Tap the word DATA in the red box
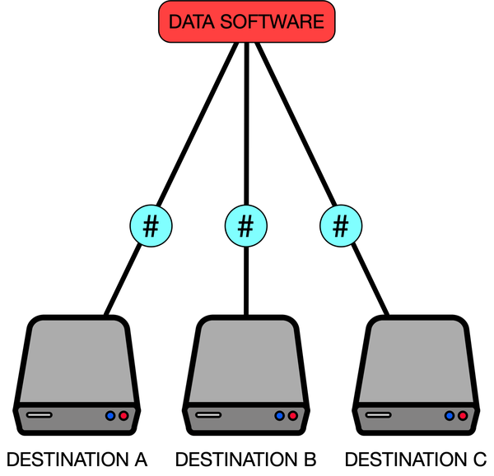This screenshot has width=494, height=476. [190, 21]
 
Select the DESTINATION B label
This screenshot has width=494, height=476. [245, 458]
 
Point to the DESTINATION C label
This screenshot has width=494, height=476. [416, 458]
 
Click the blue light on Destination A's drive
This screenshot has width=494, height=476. [110, 416]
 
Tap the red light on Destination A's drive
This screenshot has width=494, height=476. [123, 416]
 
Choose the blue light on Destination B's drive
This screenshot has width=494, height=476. [279, 416]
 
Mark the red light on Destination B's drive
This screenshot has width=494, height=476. [293, 416]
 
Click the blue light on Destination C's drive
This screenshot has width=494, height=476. [449, 416]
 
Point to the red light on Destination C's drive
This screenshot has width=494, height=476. [463, 416]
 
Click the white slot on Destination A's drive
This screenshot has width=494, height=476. [39, 415]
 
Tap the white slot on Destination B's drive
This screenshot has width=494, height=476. [208, 415]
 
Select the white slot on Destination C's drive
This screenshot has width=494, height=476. [378, 415]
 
